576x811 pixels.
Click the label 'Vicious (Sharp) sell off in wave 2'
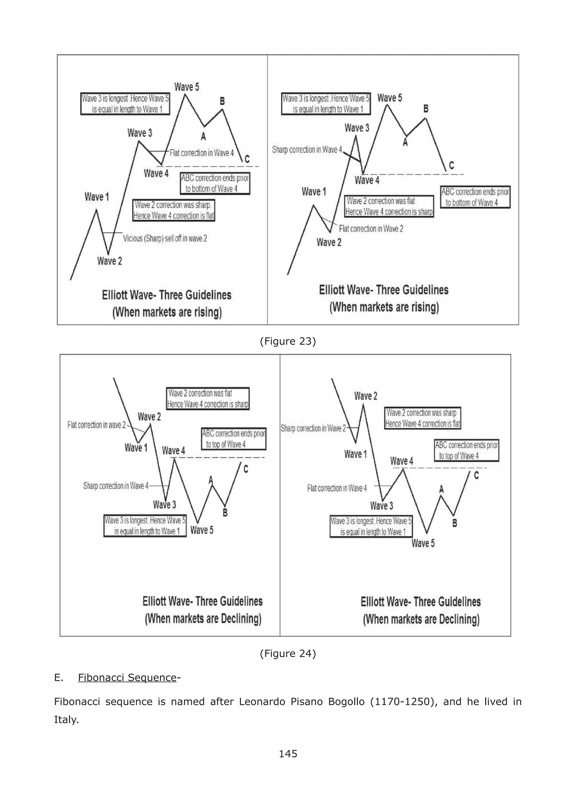point(165,238)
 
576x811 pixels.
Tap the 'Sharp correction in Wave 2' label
point(313,428)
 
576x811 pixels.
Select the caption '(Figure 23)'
point(288,341)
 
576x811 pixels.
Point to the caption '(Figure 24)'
point(288,653)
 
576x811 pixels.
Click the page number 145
point(288,754)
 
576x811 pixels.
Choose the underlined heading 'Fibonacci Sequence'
point(127,678)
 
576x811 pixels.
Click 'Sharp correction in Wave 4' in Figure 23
point(307,150)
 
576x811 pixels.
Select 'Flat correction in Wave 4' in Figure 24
point(337,488)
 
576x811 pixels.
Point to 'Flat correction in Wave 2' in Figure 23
point(371,229)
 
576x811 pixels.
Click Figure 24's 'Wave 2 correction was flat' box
point(208,398)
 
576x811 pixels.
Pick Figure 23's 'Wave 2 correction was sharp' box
point(174,210)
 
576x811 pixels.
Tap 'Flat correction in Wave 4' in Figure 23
point(201,153)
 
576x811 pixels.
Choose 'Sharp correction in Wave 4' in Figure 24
point(116,486)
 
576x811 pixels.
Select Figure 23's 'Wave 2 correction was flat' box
point(389,206)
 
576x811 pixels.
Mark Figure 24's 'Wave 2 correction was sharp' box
point(422,418)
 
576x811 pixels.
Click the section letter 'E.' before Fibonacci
point(58,678)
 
